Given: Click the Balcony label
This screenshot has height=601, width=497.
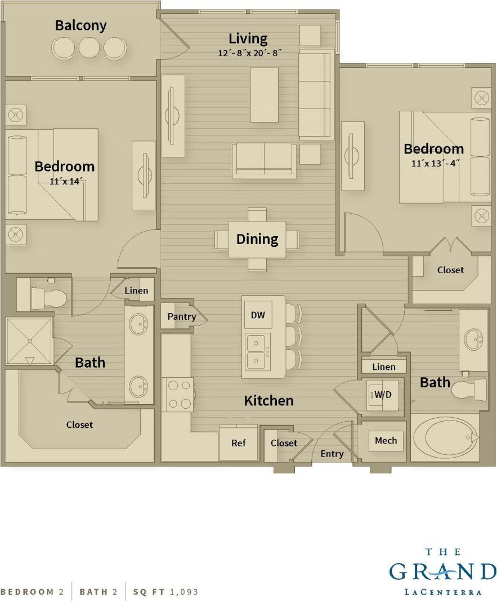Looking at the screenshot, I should pos(80,25).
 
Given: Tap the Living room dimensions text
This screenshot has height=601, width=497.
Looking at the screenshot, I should pos(248,53).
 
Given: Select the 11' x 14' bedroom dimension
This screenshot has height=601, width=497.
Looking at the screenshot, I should pos(64,181).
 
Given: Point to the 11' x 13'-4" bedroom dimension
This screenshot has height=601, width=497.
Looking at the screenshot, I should pos(435,164).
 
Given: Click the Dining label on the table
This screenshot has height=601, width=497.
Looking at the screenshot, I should pos(257,239).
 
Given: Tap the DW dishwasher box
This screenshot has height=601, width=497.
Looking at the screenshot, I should pos(258,315).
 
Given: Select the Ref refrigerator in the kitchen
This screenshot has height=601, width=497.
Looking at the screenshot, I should pos(238,443).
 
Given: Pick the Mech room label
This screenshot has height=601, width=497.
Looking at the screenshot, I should pos(386,441).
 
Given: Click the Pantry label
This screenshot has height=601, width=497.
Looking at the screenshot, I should pos(181,317).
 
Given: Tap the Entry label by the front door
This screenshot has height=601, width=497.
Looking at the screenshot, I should pos(332,454).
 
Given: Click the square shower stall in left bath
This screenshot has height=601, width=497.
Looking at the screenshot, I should pos(29,341).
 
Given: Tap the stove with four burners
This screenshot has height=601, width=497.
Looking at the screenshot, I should pos(178,394).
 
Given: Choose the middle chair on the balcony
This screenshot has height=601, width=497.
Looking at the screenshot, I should pos(89,48).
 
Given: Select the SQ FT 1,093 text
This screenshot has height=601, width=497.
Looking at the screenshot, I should pos(165,591).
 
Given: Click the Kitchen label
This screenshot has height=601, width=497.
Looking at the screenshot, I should pos(268,401).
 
